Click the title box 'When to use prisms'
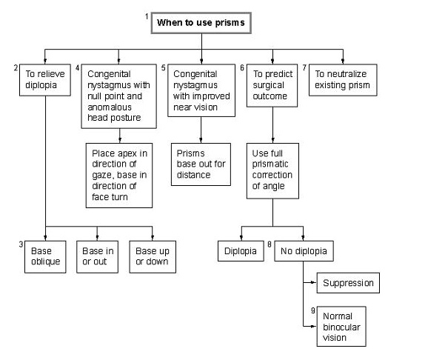tap(201, 23)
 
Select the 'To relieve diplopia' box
tap(45, 80)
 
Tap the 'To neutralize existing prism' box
tap(343, 80)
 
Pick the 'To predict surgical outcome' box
tap(272, 85)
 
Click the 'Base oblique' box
tap(45, 257)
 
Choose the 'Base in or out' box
tap(97, 257)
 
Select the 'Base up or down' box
tap(153, 257)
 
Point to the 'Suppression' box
tap(348, 283)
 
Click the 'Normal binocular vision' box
tap(341, 327)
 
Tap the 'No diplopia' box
tap(304, 251)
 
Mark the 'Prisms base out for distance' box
tap(201, 164)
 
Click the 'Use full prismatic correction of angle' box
tap(272, 171)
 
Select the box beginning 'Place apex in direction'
tap(119, 176)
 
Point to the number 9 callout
tap(312, 310)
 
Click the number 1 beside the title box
tap(147, 17)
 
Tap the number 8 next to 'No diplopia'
tap(270, 244)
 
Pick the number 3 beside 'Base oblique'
tap(21, 244)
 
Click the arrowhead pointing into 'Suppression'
tap(314, 282)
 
